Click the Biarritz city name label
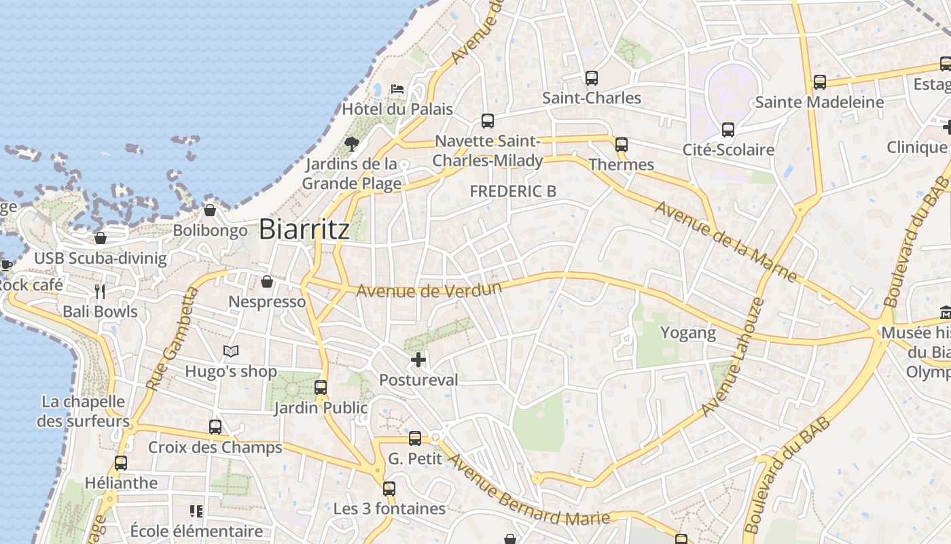(x=304, y=228)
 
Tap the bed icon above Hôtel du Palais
(x=397, y=88)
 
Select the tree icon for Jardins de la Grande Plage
(x=351, y=143)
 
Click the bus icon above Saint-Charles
(x=592, y=78)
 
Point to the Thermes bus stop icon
(x=622, y=144)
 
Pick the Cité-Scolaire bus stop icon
(x=728, y=129)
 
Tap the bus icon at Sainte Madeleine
(x=820, y=82)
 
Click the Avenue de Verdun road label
(x=429, y=290)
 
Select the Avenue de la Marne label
(x=725, y=241)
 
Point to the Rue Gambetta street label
(x=171, y=339)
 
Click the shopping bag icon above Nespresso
(x=267, y=282)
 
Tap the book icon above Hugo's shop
(x=231, y=352)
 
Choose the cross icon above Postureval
(x=418, y=360)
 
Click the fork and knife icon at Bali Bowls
(x=101, y=292)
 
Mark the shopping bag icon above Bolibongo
(x=210, y=210)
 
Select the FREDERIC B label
(x=513, y=191)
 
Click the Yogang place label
(x=688, y=333)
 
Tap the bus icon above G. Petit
(x=415, y=439)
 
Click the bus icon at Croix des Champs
(x=215, y=427)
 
